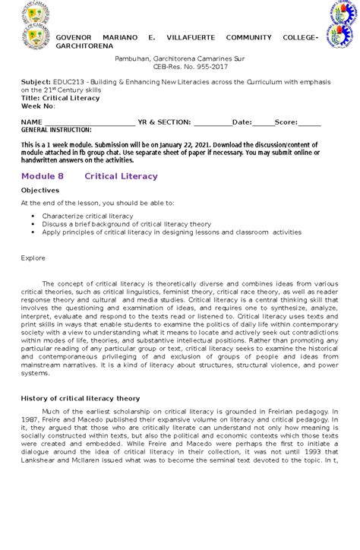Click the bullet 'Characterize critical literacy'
click(x=87, y=216)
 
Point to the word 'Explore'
click(x=33, y=258)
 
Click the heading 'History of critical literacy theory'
click(x=81, y=397)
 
